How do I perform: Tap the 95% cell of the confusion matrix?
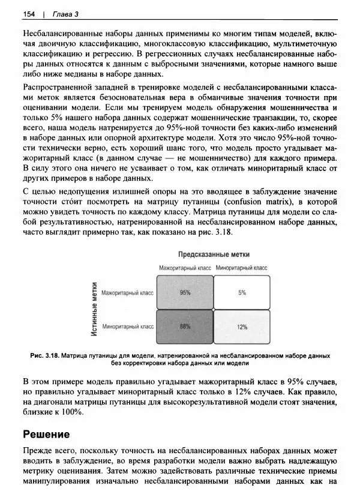[x=185, y=292]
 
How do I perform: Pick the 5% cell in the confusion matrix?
[x=242, y=292]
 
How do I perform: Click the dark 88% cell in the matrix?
[x=185, y=327]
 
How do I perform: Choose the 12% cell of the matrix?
[x=242, y=327]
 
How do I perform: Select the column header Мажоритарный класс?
[x=185, y=268]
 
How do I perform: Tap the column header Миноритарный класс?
[x=242, y=268]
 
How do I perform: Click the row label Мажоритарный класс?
[x=128, y=293]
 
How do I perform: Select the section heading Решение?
[x=46, y=433]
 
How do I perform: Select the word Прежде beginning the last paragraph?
[x=38, y=450]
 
